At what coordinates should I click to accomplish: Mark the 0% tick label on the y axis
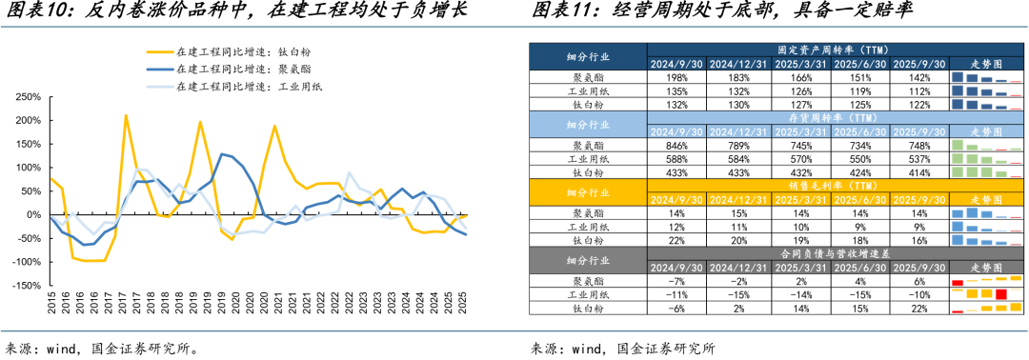pos(32,215)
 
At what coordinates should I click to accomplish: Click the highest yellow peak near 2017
pos(126,115)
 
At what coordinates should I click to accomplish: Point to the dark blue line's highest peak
pos(221,153)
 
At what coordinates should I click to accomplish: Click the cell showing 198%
pos(677,77)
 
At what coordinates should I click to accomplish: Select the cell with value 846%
pos(677,146)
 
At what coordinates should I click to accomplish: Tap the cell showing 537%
pos(919,159)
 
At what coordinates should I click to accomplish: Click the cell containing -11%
pos(677,295)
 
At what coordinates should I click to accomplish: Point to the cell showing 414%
pos(919,172)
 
